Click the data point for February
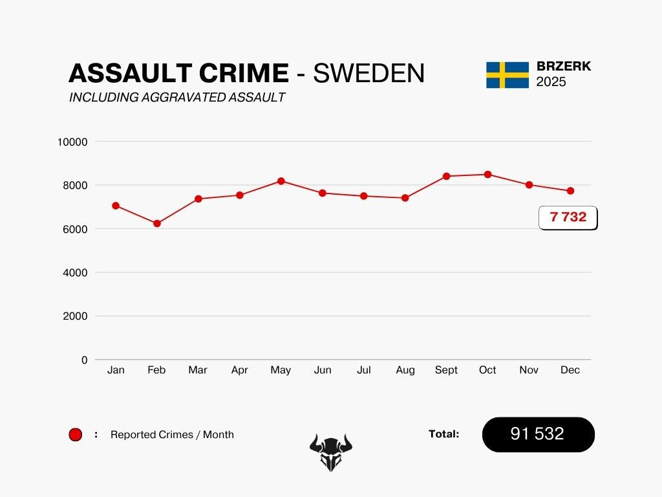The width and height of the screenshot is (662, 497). tap(156, 223)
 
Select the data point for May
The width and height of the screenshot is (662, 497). tap(281, 181)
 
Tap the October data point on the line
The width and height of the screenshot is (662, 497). tap(487, 174)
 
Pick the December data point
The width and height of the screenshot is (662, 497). tap(570, 191)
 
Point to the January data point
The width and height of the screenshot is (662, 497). tap(116, 206)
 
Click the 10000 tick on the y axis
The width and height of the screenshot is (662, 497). tap(72, 142)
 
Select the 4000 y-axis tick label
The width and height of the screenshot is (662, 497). tap(74, 272)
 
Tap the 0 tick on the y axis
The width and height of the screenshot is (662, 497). tap(84, 360)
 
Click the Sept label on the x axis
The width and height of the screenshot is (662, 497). tap(446, 370)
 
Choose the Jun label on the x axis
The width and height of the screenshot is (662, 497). tap(322, 370)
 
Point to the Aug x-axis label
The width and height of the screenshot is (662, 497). tap(405, 370)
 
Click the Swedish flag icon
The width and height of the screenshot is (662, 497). tap(507, 75)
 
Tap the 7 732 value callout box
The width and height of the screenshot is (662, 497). tap(568, 217)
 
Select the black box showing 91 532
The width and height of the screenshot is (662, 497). tap(538, 434)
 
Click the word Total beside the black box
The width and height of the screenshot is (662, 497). tap(443, 434)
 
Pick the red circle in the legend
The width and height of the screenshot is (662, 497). tap(76, 435)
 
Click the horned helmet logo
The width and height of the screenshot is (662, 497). tap(331, 451)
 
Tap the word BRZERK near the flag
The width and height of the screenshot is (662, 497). tap(564, 67)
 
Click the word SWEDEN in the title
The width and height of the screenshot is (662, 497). tap(369, 74)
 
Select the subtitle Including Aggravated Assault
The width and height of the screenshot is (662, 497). tap(177, 98)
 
